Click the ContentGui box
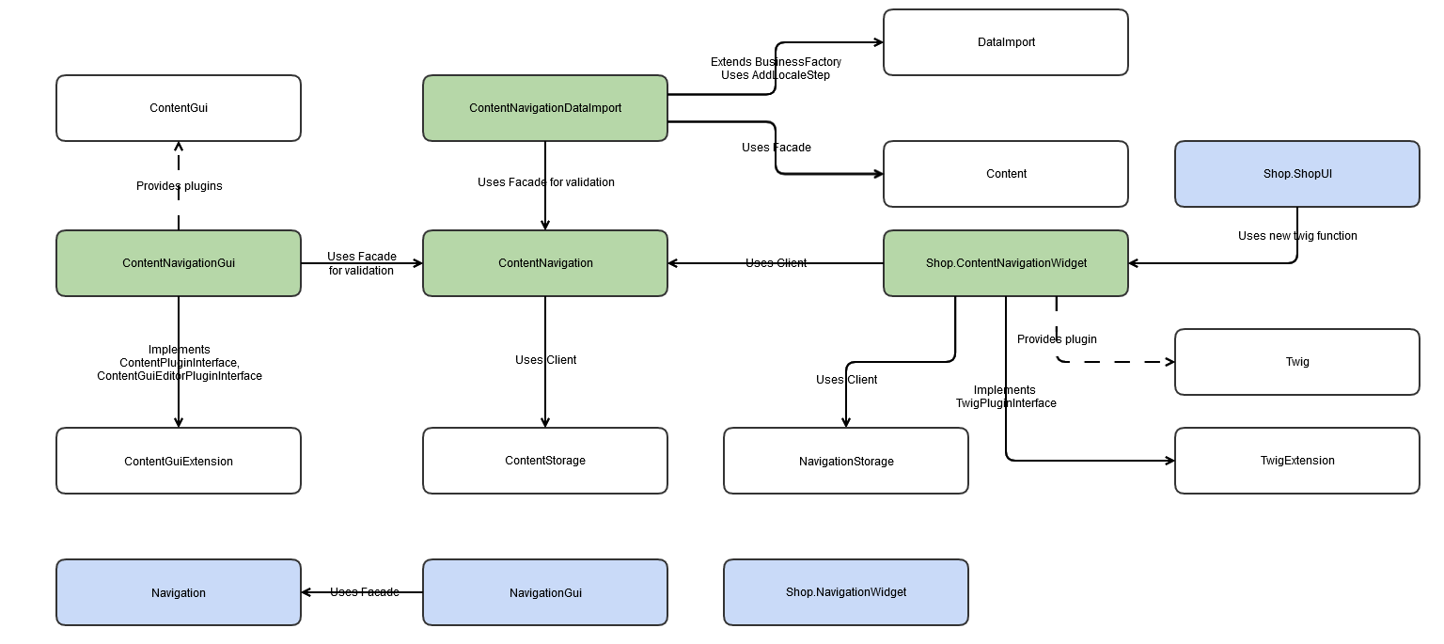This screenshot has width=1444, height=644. pyautogui.click(x=179, y=108)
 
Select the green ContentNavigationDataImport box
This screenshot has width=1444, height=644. pyautogui.click(x=545, y=108)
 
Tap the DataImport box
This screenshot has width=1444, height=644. pyautogui.click(x=1006, y=42)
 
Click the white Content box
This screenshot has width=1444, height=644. pyautogui.click(x=1006, y=174)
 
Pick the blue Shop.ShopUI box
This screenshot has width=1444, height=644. pyautogui.click(x=1297, y=174)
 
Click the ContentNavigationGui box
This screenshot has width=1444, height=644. pyautogui.click(x=179, y=263)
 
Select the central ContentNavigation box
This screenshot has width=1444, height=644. pyautogui.click(x=545, y=263)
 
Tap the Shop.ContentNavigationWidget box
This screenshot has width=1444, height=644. pyautogui.click(x=1006, y=263)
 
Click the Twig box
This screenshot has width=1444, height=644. pyautogui.click(x=1297, y=362)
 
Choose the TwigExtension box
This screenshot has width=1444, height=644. pyautogui.click(x=1297, y=461)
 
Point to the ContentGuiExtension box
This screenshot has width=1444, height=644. pyautogui.click(x=179, y=461)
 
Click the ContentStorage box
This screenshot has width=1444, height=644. pyautogui.click(x=545, y=461)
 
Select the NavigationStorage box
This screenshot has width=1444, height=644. pyautogui.click(x=846, y=461)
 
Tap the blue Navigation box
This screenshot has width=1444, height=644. pyautogui.click(x=179, y=592)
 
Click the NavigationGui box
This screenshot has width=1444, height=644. pyautogui.click(x=545, y=592)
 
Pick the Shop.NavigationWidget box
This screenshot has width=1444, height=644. pyautogui.click(x=846, y=592)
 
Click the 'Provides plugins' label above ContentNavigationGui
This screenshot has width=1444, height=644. pyautogui.click(x=179, y=186)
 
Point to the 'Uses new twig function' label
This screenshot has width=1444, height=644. pyautogui.click(x=1297, y=236)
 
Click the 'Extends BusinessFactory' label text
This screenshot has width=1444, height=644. pyautogui.click(x=776, y=62)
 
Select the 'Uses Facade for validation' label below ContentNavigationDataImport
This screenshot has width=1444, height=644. pyautogui.click(x=545, y=182)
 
